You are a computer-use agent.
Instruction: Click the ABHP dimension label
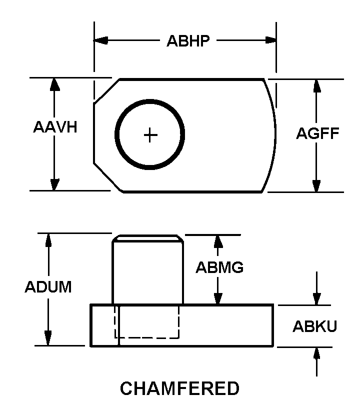pyautogui.click(x=188, y=41)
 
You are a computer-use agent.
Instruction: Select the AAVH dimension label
pyautogui.click(x=55, y=127)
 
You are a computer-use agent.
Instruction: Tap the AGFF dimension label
pyautogui.click(x=318, y=133)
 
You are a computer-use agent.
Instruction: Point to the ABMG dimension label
pyautogui.click(x=219, y=267)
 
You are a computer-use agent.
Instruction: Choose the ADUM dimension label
pyautogui.click(x=48, y=287)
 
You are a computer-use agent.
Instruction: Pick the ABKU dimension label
pyautogui.click(x=315, y=326)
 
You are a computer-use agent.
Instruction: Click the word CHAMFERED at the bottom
pyautogui.click(x=180, y=388)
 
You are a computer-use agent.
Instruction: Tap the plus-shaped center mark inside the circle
pyautogui.click(x=150, y=135)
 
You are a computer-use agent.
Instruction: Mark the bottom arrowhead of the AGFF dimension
pyautogui.click(x=316, y=185)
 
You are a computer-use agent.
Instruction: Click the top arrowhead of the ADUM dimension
pyautogui.click(x=49, y=240)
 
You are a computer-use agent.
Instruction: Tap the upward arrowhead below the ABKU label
pyautogui.click(x=316, y=354)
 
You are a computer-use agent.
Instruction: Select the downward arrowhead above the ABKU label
pyautogui.click(x=316, y=298)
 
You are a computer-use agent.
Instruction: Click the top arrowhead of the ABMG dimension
pyautogui.click(x=218, y=241)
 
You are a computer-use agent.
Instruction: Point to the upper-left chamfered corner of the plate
pyautogui.click(x=106, y=90)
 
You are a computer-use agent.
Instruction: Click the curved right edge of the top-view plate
pyautogui.click(x=274, y=134)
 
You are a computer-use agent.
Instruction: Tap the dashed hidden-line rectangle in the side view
pyautogui.click(x=147, y=322)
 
